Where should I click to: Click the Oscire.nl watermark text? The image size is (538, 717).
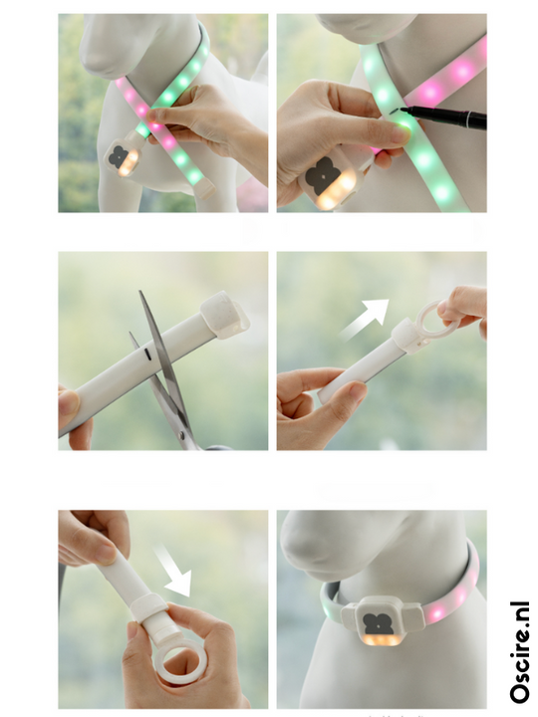coord(520,652)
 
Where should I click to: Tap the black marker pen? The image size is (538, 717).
coord(443,118)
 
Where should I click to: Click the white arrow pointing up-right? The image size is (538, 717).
coord(365,320)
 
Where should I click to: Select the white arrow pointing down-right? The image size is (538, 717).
coord(173,571)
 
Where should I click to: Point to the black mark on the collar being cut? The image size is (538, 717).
coord(147,354)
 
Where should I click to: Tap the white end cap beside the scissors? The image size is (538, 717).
coord(224,314)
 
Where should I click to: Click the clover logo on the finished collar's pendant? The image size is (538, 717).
coord(378,623)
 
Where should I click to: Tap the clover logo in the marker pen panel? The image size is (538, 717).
coord(324,176)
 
